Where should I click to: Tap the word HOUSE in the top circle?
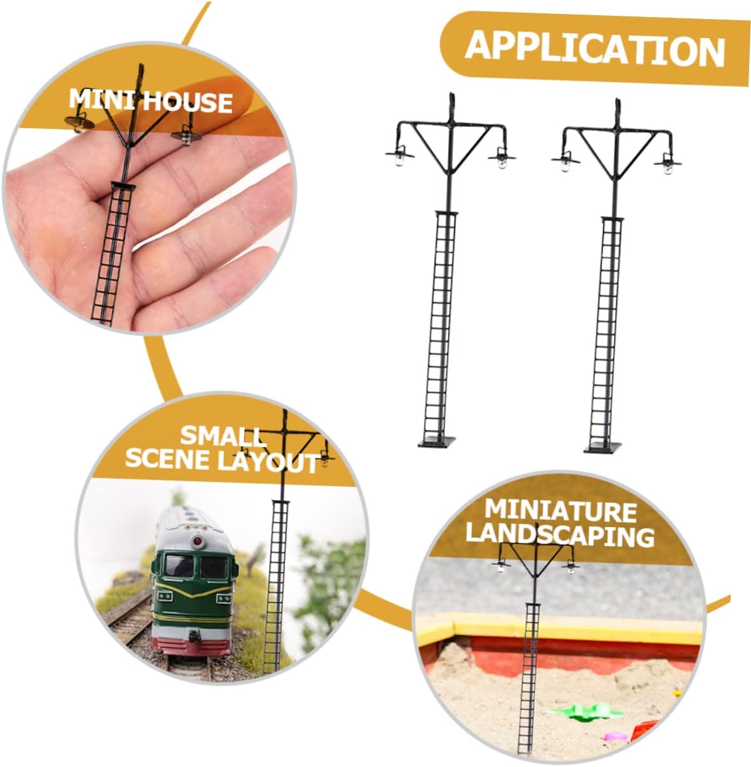187,102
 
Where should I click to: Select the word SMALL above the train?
223,436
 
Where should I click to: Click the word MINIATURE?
560,510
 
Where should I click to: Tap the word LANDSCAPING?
560,536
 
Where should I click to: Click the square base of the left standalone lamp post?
436,442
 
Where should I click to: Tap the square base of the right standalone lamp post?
603,448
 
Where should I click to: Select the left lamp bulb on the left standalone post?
399,159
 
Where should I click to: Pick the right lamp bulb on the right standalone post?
668,168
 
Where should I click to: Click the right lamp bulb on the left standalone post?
502,162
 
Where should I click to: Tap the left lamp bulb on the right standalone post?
565,166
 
